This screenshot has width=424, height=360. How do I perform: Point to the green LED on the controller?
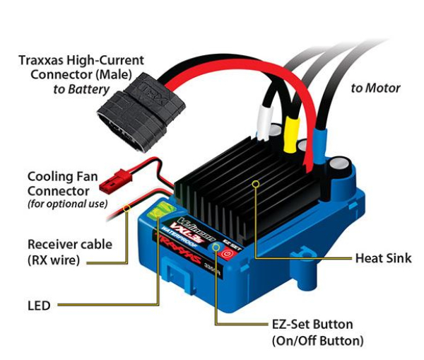click(x=162, y=209)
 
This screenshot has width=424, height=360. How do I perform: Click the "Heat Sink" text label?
click(x=383, y=258)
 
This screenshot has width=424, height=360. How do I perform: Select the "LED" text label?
click(x=38, y=306)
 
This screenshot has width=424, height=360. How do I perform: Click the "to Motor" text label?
click(x=375, y=88)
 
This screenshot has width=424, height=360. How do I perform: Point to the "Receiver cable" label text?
click(x=69, y=244)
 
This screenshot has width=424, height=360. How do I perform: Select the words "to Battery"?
click(x=81, y=90)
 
